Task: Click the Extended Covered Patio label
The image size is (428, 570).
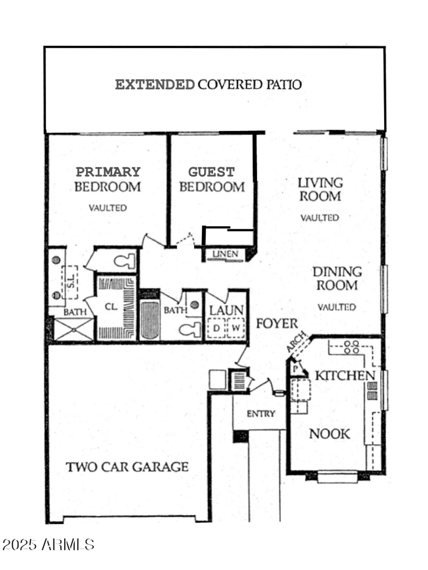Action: tap(208, 84)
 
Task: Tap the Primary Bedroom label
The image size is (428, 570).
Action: tap(108, 179)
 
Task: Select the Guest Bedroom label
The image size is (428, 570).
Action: tap(212, 179)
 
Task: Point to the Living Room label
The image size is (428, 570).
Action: tap(320, 189)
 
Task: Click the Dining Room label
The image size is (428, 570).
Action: tap(337, 279)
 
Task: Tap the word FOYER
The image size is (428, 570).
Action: tap(277, 323)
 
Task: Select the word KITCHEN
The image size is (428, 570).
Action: tap(345, 375)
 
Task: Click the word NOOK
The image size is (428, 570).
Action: tap(329, 434)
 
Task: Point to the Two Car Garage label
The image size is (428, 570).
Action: tap(127, 467)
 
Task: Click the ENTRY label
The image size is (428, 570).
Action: tap(261, 413)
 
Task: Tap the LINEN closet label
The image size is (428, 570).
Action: tap(225, 254)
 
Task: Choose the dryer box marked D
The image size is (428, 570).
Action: tap(216, 328)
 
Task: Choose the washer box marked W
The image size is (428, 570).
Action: tap(236, 328)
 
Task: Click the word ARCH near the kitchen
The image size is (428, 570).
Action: tap(296, 342)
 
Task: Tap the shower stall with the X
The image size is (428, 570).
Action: tap(73, 329)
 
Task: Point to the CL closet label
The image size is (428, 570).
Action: tap(111, 307)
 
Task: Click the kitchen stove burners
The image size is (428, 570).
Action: tap(351, 347)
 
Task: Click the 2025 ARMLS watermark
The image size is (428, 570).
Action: tap(48, 545)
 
